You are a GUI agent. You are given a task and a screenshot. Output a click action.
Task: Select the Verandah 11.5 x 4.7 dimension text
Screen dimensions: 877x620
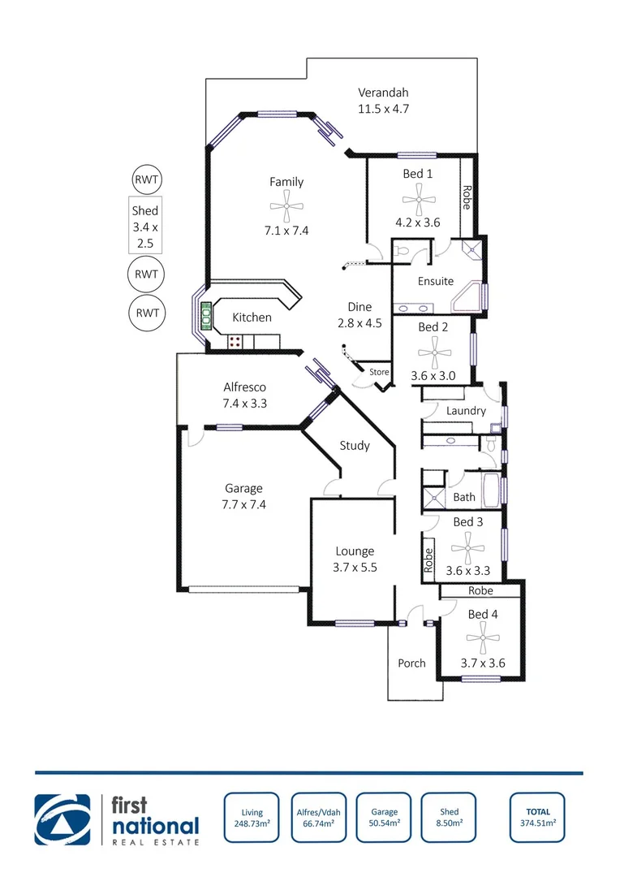point(384,108)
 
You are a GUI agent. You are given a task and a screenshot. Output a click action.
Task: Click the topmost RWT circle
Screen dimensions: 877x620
point(147,179)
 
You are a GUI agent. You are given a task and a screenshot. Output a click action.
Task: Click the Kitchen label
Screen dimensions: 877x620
point(252,318)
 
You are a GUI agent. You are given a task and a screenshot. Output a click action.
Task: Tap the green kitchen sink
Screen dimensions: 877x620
point(207,312)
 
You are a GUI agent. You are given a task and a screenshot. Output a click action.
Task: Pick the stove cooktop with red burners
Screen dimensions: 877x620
point(236,342)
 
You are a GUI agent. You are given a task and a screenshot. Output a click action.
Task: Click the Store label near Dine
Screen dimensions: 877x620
point(379,372)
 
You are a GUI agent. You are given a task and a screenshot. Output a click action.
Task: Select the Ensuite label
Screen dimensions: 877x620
point(436,281)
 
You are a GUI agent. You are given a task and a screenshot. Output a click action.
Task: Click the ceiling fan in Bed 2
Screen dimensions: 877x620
point(433,354)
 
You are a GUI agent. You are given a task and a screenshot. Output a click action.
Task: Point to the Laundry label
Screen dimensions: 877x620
point(466,411)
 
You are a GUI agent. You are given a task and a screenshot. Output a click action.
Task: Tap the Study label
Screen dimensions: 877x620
point(355,445)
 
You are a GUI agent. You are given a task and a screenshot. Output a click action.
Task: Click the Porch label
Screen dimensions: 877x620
point(411,663)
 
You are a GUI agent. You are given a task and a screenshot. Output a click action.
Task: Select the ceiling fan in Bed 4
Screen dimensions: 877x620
point(483,640)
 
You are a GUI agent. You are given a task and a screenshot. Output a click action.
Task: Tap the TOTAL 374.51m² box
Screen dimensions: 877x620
point(537,817)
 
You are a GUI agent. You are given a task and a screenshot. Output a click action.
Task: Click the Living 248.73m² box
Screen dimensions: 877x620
point(252,817)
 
